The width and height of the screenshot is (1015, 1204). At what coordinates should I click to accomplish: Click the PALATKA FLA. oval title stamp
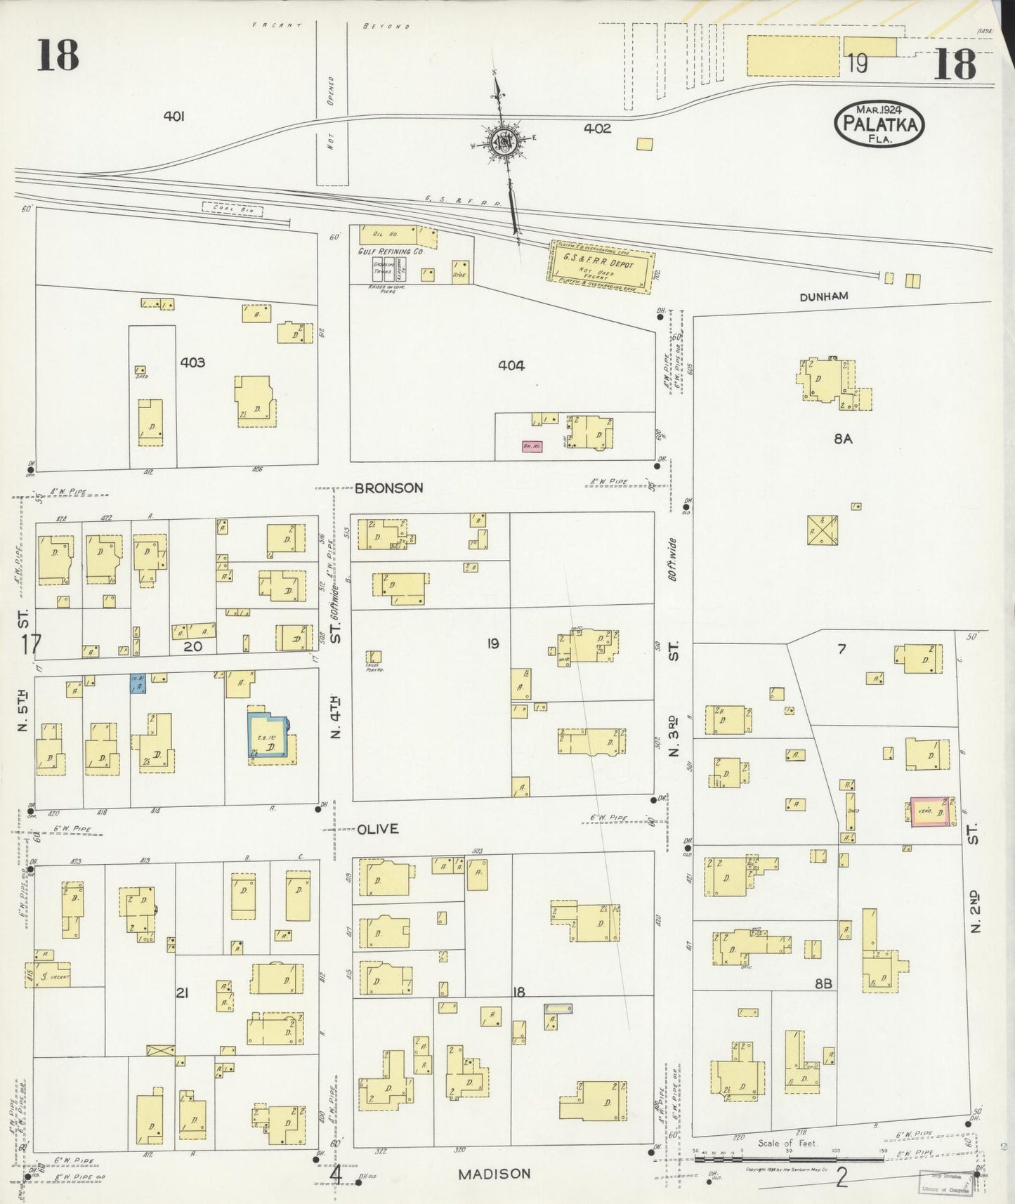coord(879,124)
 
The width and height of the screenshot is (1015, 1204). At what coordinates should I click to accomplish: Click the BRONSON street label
coord(388,488)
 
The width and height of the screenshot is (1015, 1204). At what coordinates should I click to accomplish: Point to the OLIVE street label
coord(378,829)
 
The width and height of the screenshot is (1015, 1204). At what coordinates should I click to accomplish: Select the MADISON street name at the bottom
coord(494,1174)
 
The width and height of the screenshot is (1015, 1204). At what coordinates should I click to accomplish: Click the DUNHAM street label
coord(823,296)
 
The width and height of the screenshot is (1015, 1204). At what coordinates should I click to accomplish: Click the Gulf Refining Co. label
coord(391,251)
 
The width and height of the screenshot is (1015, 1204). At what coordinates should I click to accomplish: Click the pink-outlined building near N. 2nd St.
coord(932,812)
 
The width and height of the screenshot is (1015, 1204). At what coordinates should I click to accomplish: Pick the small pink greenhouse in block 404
coord(531,445)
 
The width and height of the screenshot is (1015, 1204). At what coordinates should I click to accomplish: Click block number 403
coord(192,362)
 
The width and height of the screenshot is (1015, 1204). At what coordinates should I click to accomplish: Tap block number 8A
coord(843,439)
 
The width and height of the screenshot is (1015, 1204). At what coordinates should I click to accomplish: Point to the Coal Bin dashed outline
coord(232,209)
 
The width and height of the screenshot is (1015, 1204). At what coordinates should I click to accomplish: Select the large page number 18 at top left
coord(58,55)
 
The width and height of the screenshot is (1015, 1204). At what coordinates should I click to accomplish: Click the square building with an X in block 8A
coord(822,530)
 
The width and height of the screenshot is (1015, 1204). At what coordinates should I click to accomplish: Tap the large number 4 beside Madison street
coord(336,1173)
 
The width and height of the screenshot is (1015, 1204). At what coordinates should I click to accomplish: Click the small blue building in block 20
coord(138,684)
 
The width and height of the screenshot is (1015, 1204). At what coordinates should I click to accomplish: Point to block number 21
coord(182,993)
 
